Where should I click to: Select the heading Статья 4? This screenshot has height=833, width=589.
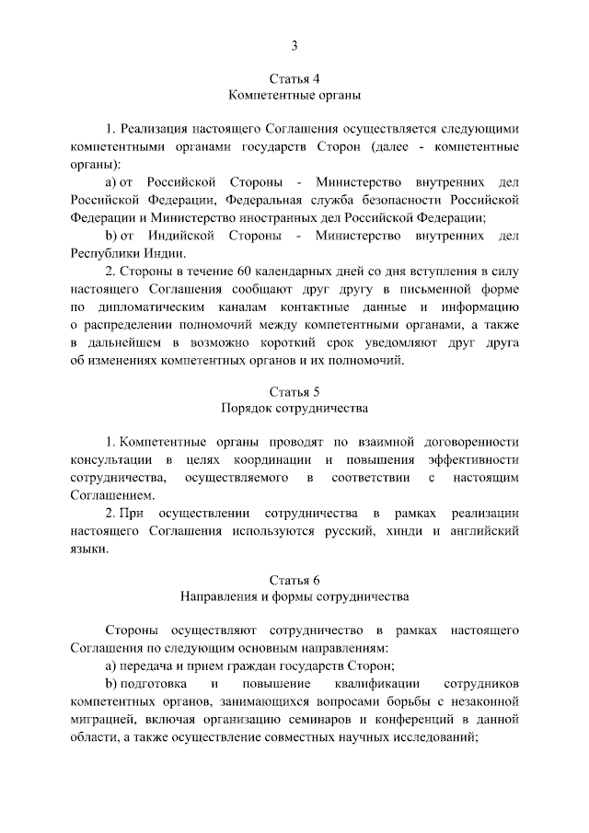point(294,78)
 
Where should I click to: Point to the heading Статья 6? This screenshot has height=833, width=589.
point(294,580)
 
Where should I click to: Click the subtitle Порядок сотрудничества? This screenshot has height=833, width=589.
point(294,409)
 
